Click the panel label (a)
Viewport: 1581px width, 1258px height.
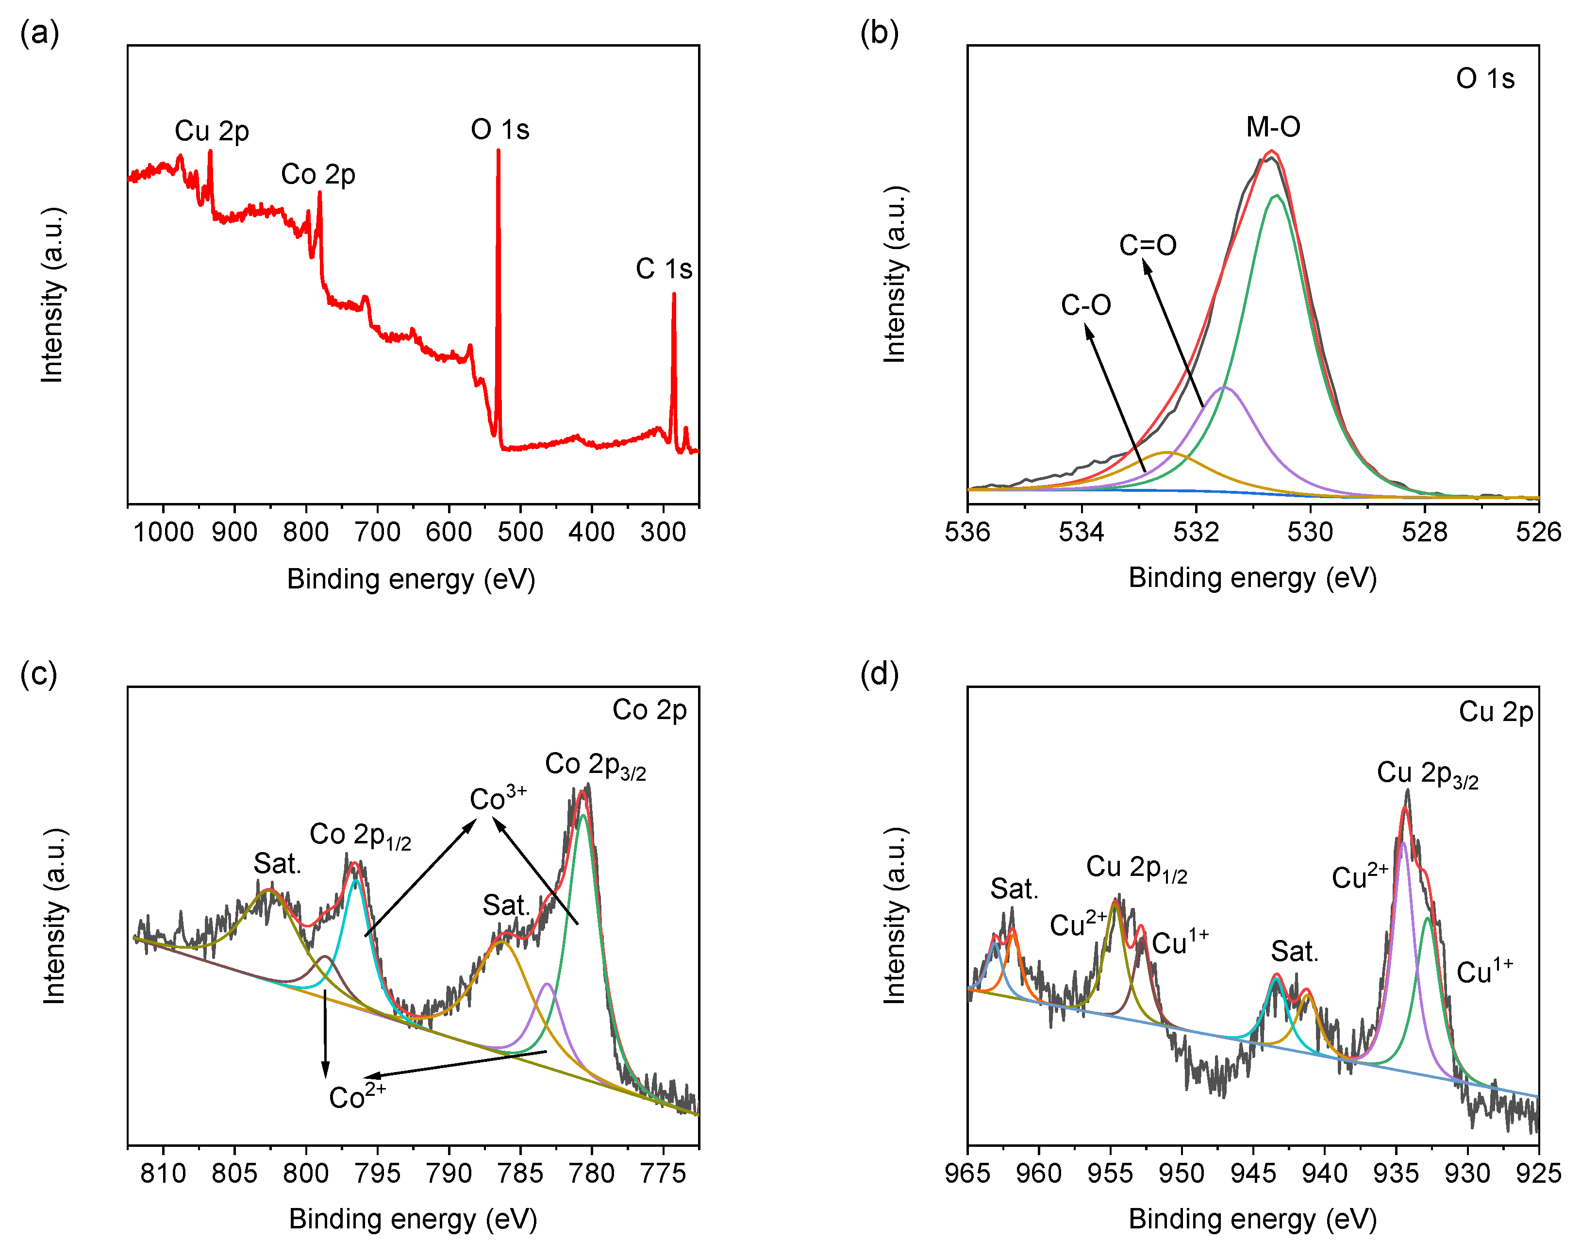pos(40,33)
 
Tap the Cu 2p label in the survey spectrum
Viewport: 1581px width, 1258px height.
pos(212,131)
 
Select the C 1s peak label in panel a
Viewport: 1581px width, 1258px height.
pos(664,268)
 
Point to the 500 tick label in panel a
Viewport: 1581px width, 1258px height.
pos(520,531)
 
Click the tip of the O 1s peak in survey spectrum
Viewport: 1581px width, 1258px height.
pos(499,151)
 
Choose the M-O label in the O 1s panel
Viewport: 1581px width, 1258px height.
pos(1273,127)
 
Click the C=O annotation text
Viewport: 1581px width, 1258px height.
pos(1148,245)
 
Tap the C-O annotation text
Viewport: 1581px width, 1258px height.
pos(1085,305)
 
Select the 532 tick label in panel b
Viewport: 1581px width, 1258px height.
pos(1196,531)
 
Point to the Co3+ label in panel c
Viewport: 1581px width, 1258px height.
pos(498,797)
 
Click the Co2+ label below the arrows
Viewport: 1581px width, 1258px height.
pos(357,1096)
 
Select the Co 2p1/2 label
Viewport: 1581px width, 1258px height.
pos(360,836)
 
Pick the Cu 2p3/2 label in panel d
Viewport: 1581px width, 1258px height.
pos(1427,774)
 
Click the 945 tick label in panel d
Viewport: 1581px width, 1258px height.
pos(1252,1173)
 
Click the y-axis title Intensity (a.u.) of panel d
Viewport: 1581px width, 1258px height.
pos(895,916)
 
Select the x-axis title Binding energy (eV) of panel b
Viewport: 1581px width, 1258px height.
pos(1252,578)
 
